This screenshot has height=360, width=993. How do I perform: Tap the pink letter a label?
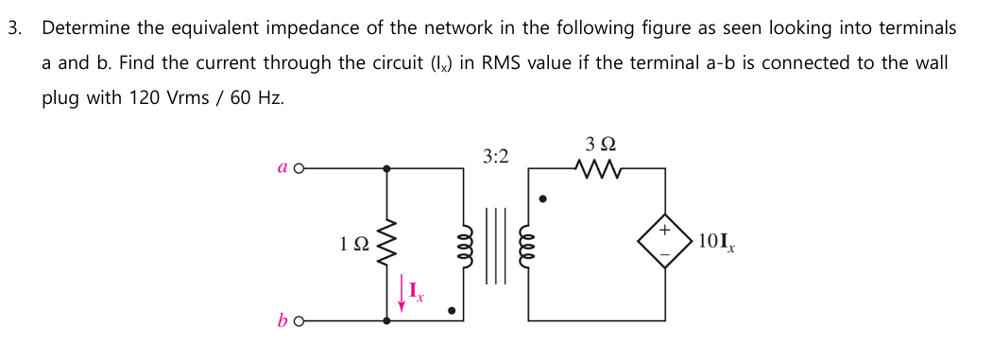282,168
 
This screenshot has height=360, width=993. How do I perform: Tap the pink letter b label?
282,320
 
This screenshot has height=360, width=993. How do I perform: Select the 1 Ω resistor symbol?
385,244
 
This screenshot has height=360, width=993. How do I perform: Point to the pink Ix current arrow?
402,293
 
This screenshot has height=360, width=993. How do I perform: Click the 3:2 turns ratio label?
494,154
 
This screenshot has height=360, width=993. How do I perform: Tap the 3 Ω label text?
600,146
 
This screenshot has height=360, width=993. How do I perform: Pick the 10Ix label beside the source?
718,242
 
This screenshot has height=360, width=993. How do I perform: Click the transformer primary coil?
463,244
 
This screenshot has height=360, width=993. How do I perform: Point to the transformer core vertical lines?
495,244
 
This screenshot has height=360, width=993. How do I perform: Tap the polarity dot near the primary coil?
452,309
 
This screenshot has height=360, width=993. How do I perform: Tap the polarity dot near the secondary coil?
541,198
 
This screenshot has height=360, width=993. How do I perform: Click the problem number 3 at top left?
14,27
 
